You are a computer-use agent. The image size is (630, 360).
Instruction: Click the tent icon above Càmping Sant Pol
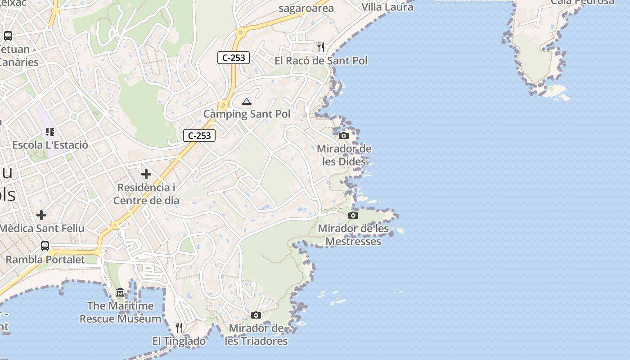tap(246, 101)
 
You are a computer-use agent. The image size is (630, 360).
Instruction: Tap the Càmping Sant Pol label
tap(247, 114)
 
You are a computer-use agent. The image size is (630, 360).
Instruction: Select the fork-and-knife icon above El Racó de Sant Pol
tap(320, 47)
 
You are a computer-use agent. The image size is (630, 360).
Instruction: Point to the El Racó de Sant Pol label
tap(321, 61)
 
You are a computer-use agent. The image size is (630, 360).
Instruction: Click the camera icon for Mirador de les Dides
tap(344, 135)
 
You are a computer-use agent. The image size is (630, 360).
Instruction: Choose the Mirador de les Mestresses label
tap(353, 235)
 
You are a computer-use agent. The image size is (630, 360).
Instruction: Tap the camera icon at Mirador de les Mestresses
tap(353, 216)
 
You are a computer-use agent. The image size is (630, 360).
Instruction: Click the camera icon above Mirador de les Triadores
tap(256, 315)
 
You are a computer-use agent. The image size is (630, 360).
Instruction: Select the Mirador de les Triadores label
tap(256, 335)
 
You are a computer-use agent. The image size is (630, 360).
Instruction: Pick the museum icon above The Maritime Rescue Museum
tap(120, 293)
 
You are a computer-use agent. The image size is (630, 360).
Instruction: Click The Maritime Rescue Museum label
tap(120, 312)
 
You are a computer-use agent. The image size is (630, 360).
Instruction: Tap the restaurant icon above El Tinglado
tap(179, 328)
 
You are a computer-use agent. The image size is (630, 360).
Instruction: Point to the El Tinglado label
tap(179, 341)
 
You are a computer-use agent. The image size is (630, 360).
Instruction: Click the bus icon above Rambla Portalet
tap(45, 246)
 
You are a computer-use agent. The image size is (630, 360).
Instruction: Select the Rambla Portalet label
tap(45, 260)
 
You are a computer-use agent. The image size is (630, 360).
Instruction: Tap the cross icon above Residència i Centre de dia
tap(146, 174)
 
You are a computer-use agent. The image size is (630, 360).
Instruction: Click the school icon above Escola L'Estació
tap(50, 132)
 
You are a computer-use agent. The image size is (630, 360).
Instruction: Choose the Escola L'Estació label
tap(50, 145)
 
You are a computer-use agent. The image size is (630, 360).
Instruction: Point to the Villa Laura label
tap(387, 7)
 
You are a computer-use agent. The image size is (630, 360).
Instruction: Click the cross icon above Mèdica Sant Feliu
tap(41, 215)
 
